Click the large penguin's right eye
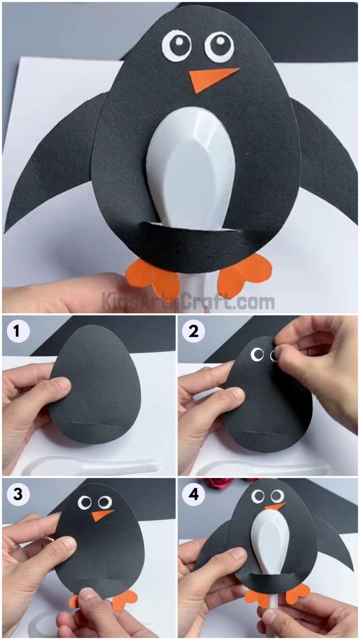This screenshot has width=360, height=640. tap(219, 46)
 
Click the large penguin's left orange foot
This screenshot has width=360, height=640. tap(153, 279)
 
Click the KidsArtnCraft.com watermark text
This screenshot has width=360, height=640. tap(187, 301)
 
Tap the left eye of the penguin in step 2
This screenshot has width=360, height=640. tap(257, 355)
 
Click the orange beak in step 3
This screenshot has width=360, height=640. tap(101, 515)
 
